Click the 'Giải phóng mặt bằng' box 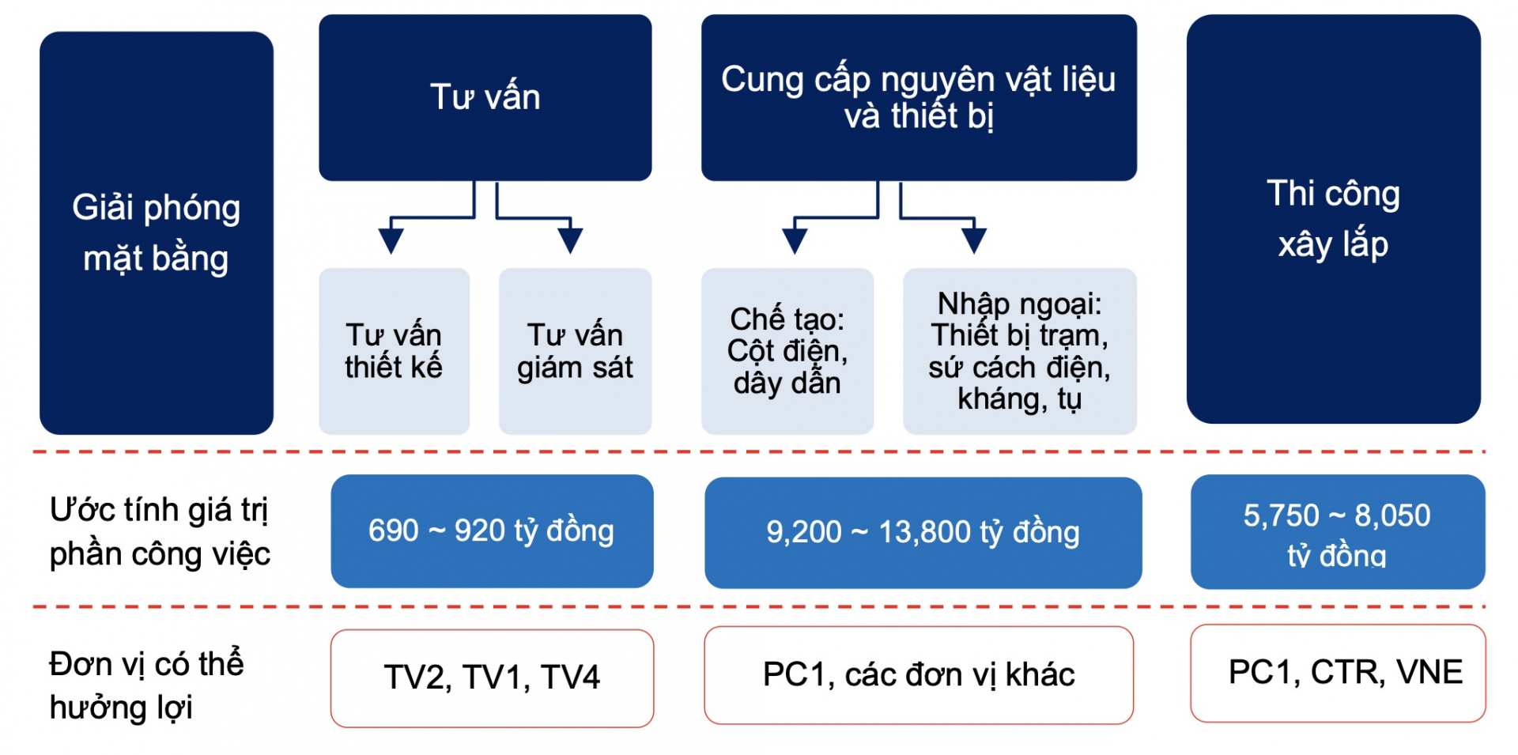(x=157, y=232)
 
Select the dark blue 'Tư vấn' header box (x=485, y=97)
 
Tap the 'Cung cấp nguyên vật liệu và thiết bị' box (x=919, y=97)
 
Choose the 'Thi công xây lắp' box (x=1333, y=218)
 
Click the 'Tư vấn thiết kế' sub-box (x=394, y=351)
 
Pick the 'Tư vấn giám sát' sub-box (x=575, y=351)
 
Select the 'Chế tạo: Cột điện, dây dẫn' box (x=787, y=351)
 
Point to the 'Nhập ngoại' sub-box (x=1019, y=351)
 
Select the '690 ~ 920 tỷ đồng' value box (x=492, y=530)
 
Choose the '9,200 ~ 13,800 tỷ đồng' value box (x=923, y=532)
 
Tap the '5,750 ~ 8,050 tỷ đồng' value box (x=1337, y=531)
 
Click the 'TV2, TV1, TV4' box (x=492, y=678)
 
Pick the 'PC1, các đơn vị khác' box (x=919, y=674)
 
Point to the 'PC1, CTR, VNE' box (x=1337, y=673)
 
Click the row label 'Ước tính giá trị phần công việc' (x=160, y=531)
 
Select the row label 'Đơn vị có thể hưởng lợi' (x=146, y=685)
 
